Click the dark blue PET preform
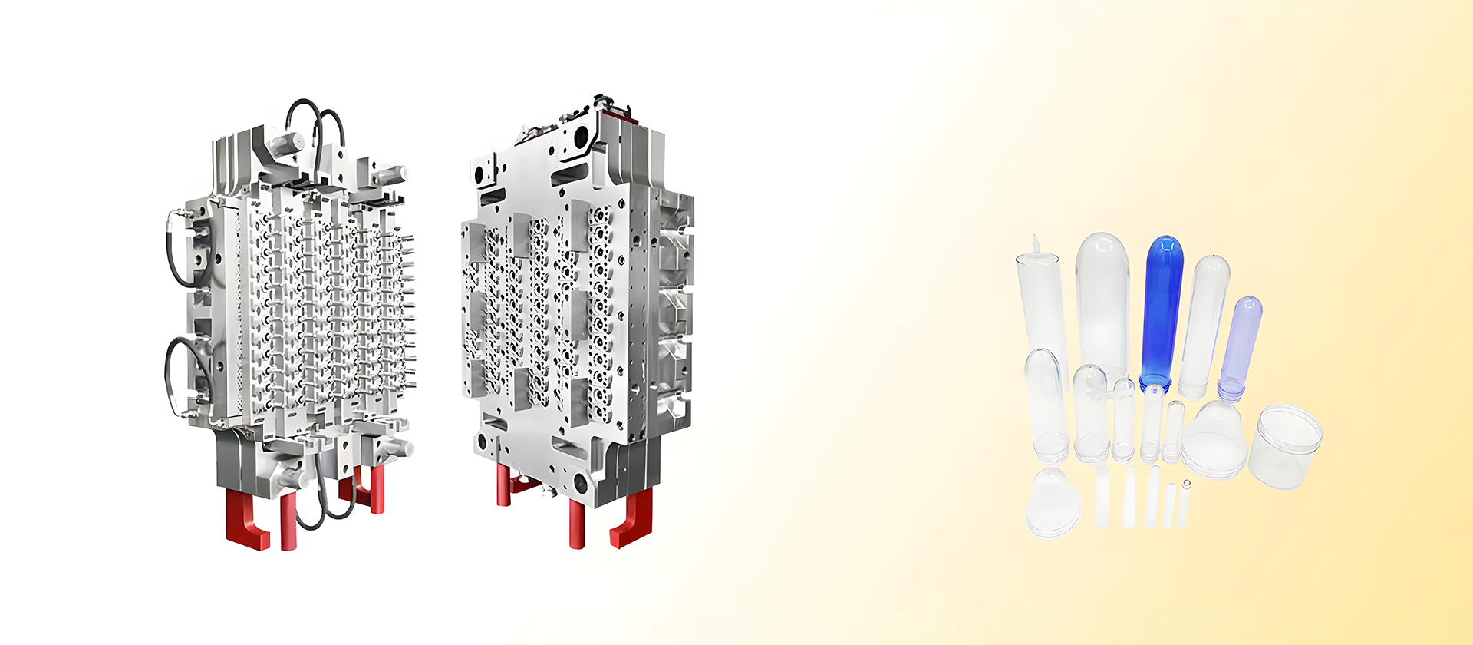pos(1162,307)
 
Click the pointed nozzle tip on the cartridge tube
pos(1036,244)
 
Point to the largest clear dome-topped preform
pos(1102,299)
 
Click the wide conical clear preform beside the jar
pos(1214,439)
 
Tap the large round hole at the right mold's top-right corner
pos(581,137)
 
